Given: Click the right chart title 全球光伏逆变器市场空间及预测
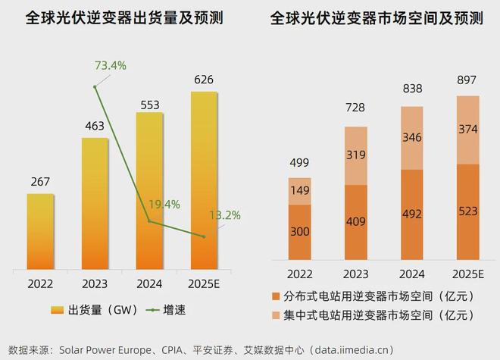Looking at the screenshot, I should pyautogui.click(x=377, y=19).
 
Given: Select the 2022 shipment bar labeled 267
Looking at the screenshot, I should pyautogui.click(x=40, y=231).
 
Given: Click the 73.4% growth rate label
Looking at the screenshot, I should pyautogui.click(x=110, y=65).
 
